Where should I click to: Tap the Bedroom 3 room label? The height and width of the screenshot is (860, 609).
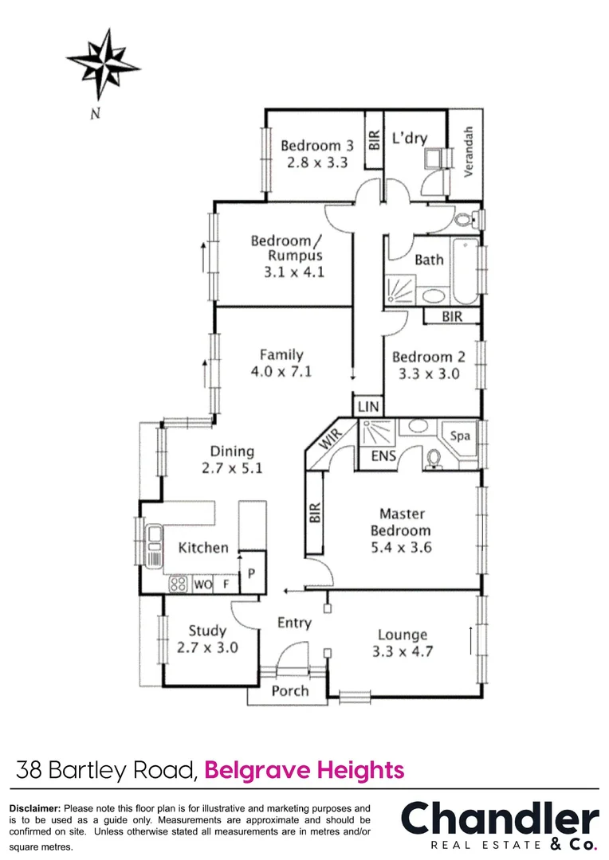point(316,146)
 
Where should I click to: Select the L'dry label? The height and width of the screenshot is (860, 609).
point(410,139)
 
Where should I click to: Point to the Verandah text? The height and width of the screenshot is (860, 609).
point(470,151)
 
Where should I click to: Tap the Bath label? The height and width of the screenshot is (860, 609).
point(429,260)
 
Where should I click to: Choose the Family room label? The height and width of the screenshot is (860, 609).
point(281,355)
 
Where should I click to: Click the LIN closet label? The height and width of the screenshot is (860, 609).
point(367,406)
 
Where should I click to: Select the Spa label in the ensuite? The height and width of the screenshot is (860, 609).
point(460,436)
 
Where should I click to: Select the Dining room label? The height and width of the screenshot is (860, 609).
point(232,451)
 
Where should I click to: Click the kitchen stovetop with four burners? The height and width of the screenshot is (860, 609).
point(179,584)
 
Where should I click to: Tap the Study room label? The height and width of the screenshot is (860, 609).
point(207,631)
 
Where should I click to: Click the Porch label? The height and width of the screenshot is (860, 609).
point(289,690)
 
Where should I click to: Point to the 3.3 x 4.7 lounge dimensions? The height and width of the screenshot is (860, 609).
point(403,652)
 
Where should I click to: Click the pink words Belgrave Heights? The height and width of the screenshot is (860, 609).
point(304,770)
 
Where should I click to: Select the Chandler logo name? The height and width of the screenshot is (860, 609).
point(499,819)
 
